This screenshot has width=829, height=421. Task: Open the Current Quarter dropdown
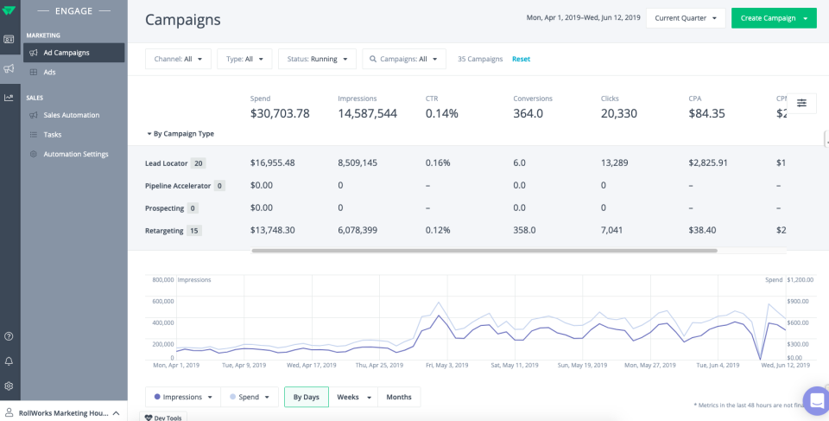point(686,18)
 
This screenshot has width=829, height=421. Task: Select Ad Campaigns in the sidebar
point(66,53)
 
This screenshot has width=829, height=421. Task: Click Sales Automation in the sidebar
point(71,115)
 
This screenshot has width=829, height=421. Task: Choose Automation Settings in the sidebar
point(76,154)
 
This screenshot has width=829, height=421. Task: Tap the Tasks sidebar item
point(53,135)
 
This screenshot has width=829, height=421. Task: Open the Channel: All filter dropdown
point(177,59)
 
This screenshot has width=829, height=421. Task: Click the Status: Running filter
point(316,59)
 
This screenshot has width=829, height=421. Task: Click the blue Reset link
point(521,59)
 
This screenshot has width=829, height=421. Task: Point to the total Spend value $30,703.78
point(280,113)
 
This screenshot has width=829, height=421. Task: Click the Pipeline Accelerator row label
point(178,186)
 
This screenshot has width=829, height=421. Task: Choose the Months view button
point(398,397)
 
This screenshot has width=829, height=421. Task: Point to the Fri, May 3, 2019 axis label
point(447,365)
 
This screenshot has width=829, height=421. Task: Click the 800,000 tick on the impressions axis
point(162,280)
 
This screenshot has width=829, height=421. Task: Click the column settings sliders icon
point(801,103)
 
